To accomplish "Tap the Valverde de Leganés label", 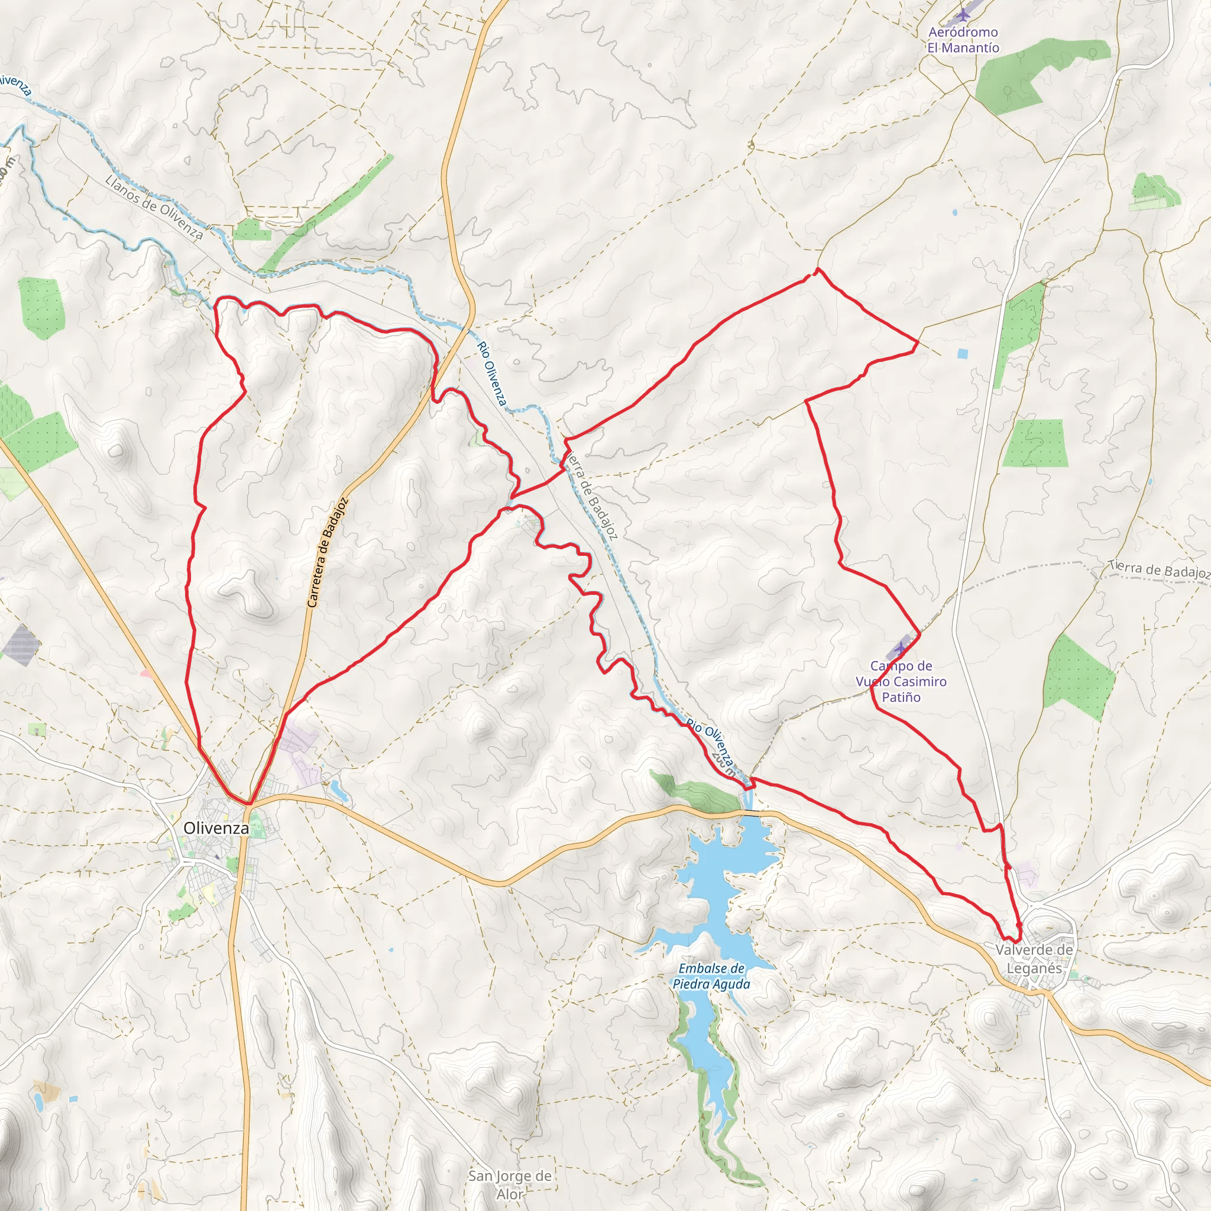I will tap(1034, 959).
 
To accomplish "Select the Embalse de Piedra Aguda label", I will tap(711, 976).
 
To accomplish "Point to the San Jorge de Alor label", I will tap(510, 1184).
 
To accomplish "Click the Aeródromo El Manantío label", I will tap(963, 40).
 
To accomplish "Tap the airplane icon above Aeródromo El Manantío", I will tap(964, 14).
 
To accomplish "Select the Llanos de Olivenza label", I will tap(154, 208).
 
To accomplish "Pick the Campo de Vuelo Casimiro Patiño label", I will tap(901, 681).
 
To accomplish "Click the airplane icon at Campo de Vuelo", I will tap(901, 647).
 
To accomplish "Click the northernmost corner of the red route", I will tap(817, 269).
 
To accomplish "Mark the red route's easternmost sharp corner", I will tap(918, 342).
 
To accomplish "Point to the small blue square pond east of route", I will tap(962, 354).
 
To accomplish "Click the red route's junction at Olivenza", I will tap(250, 804).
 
